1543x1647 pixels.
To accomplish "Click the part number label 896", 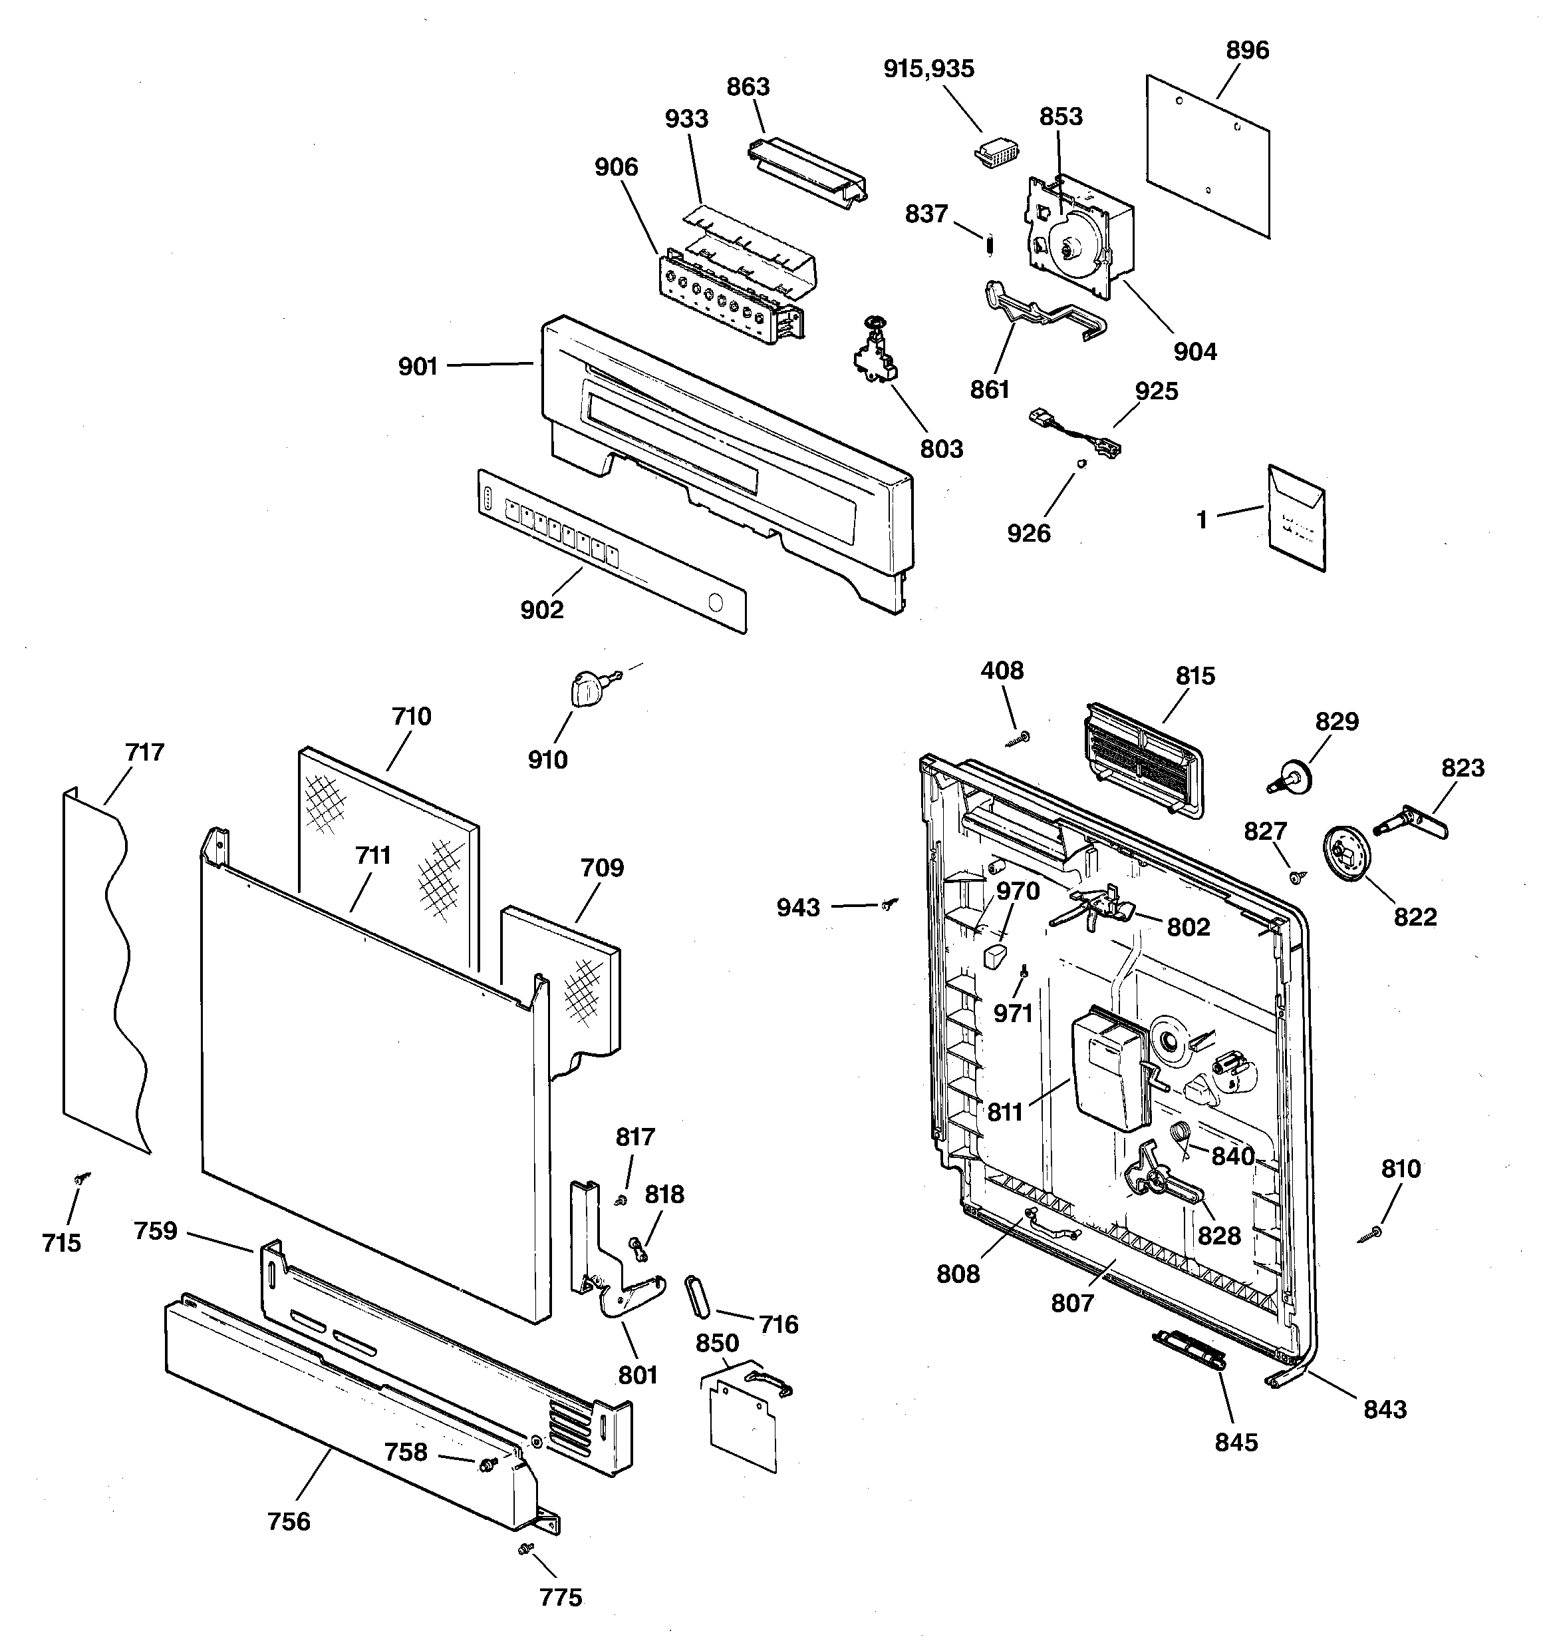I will pyautogui.click(x=1246, y=51).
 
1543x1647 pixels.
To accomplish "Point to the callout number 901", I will pyautogui.click(x=418, y=366).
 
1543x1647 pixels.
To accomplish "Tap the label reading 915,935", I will pyautogui.click(x=928, y=69).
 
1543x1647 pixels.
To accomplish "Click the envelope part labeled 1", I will pyautogui.click(x=1296, y=518).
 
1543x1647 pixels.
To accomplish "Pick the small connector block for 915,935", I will pyautogui.click(x=994, y=153).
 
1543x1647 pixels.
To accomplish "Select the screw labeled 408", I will pyautogui.click(x=1020, y=738).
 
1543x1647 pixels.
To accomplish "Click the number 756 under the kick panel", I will pyautogui.click(x=288, y=1521).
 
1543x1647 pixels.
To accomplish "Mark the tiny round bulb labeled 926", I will pyautogui.click(x=1081, y=464).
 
